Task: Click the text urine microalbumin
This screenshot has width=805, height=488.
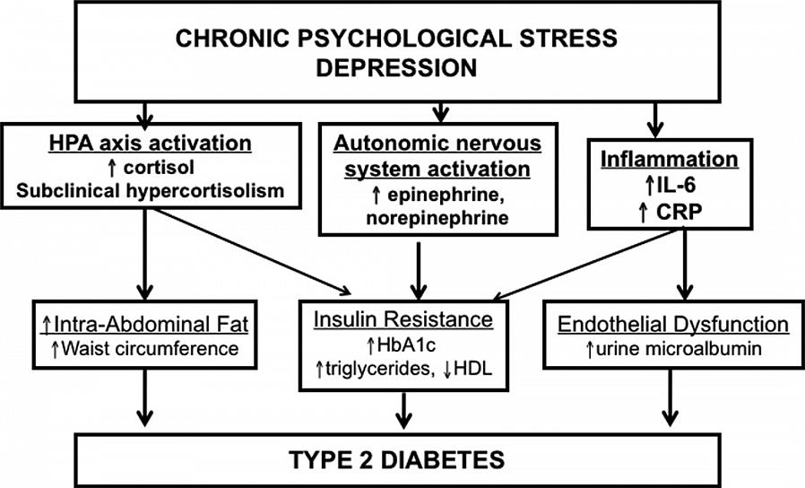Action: coord(672,347)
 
